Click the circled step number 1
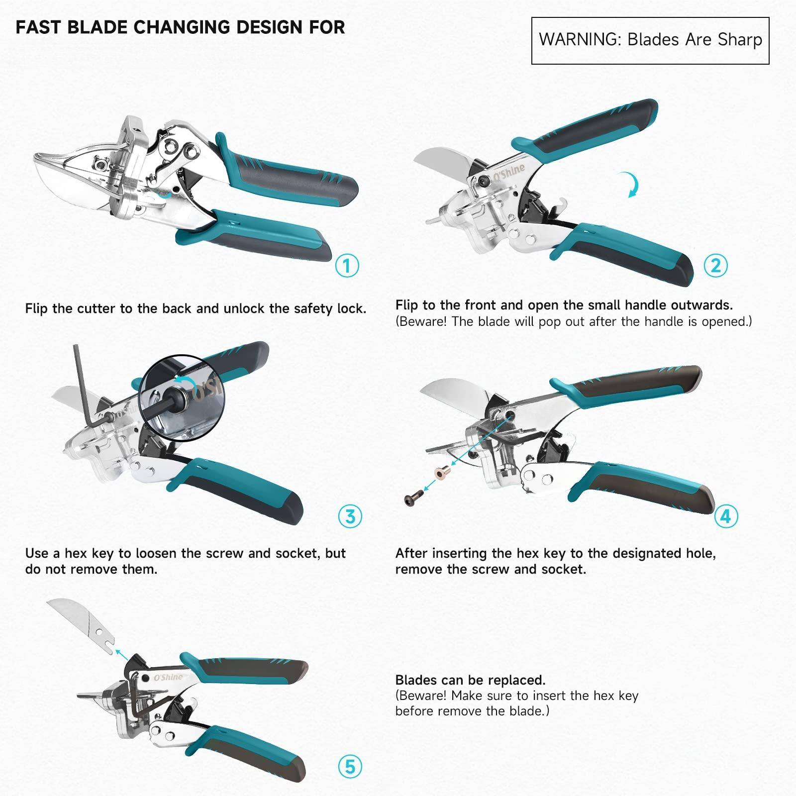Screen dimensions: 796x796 [x=347, y=266]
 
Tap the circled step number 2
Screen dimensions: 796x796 [x=715, y=266]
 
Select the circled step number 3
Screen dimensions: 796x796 [x=350, y=516]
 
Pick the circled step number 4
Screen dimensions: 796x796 [x=725, y=516]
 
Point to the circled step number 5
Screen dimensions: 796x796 [x=350, y=767]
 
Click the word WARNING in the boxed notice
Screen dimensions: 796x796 [x=579, y=40]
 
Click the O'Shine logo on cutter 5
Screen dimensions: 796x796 [x=168, y=678]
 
